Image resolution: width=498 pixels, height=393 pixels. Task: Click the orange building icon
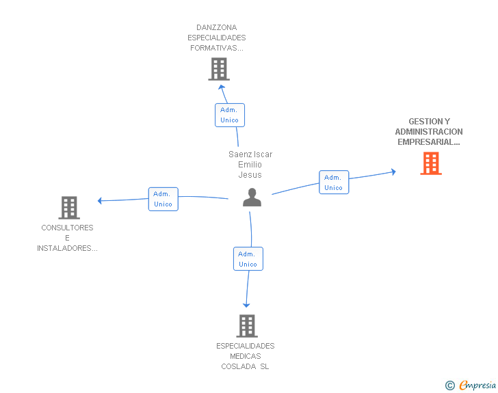431,163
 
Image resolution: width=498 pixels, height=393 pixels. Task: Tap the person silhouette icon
252,197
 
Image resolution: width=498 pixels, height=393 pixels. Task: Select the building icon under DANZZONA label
219,69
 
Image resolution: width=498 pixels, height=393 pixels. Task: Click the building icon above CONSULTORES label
69,208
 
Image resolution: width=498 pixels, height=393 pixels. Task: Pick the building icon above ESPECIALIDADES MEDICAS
247,326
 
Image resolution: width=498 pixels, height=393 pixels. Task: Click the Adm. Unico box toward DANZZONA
230,115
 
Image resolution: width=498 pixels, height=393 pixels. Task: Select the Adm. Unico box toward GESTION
334,182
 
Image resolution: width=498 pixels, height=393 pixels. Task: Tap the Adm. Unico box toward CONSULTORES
163,199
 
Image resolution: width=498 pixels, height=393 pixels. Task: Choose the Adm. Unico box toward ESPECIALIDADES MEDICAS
248,259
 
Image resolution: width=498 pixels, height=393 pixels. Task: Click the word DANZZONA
217,27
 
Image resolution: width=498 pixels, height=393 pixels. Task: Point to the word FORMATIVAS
214,48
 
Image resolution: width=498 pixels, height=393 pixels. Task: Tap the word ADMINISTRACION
429,131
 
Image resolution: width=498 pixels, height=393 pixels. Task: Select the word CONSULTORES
67,228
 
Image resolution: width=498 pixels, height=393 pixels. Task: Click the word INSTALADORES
64,248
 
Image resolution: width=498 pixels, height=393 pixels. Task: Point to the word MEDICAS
245,356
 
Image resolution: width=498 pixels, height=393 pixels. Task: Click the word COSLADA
239,366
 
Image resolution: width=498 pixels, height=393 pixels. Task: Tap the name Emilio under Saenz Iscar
250,165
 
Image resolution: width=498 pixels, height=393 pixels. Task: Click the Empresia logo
471,385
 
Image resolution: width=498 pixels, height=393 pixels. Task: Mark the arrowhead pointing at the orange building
393,172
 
